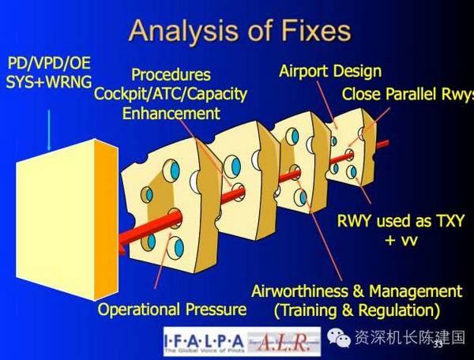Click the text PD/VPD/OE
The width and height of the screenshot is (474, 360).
coord(48,62)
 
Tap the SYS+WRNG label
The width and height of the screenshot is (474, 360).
coord(48,81)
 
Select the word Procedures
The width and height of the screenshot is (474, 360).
coord(171,75)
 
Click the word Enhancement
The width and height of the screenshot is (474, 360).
coord(171,113)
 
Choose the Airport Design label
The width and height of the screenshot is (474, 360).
coord(329,72)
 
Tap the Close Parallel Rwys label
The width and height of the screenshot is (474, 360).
coord(407,95)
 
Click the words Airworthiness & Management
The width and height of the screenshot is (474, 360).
coord(356,291)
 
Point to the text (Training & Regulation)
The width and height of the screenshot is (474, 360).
coord(356,310)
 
